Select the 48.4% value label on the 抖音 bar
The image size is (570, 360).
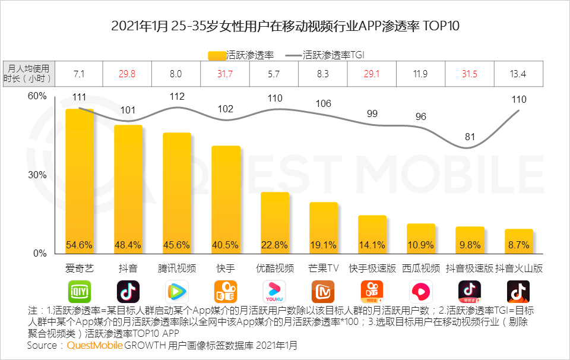128,245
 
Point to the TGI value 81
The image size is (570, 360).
470,137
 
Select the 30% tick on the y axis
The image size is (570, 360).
37,175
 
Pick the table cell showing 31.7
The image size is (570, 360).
226,74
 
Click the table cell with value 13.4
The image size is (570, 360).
518,74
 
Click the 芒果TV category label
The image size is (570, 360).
324,268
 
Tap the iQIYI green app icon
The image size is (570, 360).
80,292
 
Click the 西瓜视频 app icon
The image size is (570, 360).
421,292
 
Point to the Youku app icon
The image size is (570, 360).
274,292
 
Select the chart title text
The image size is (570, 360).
285,26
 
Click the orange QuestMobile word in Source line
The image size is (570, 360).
95,345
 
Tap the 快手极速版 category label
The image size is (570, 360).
372,268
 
